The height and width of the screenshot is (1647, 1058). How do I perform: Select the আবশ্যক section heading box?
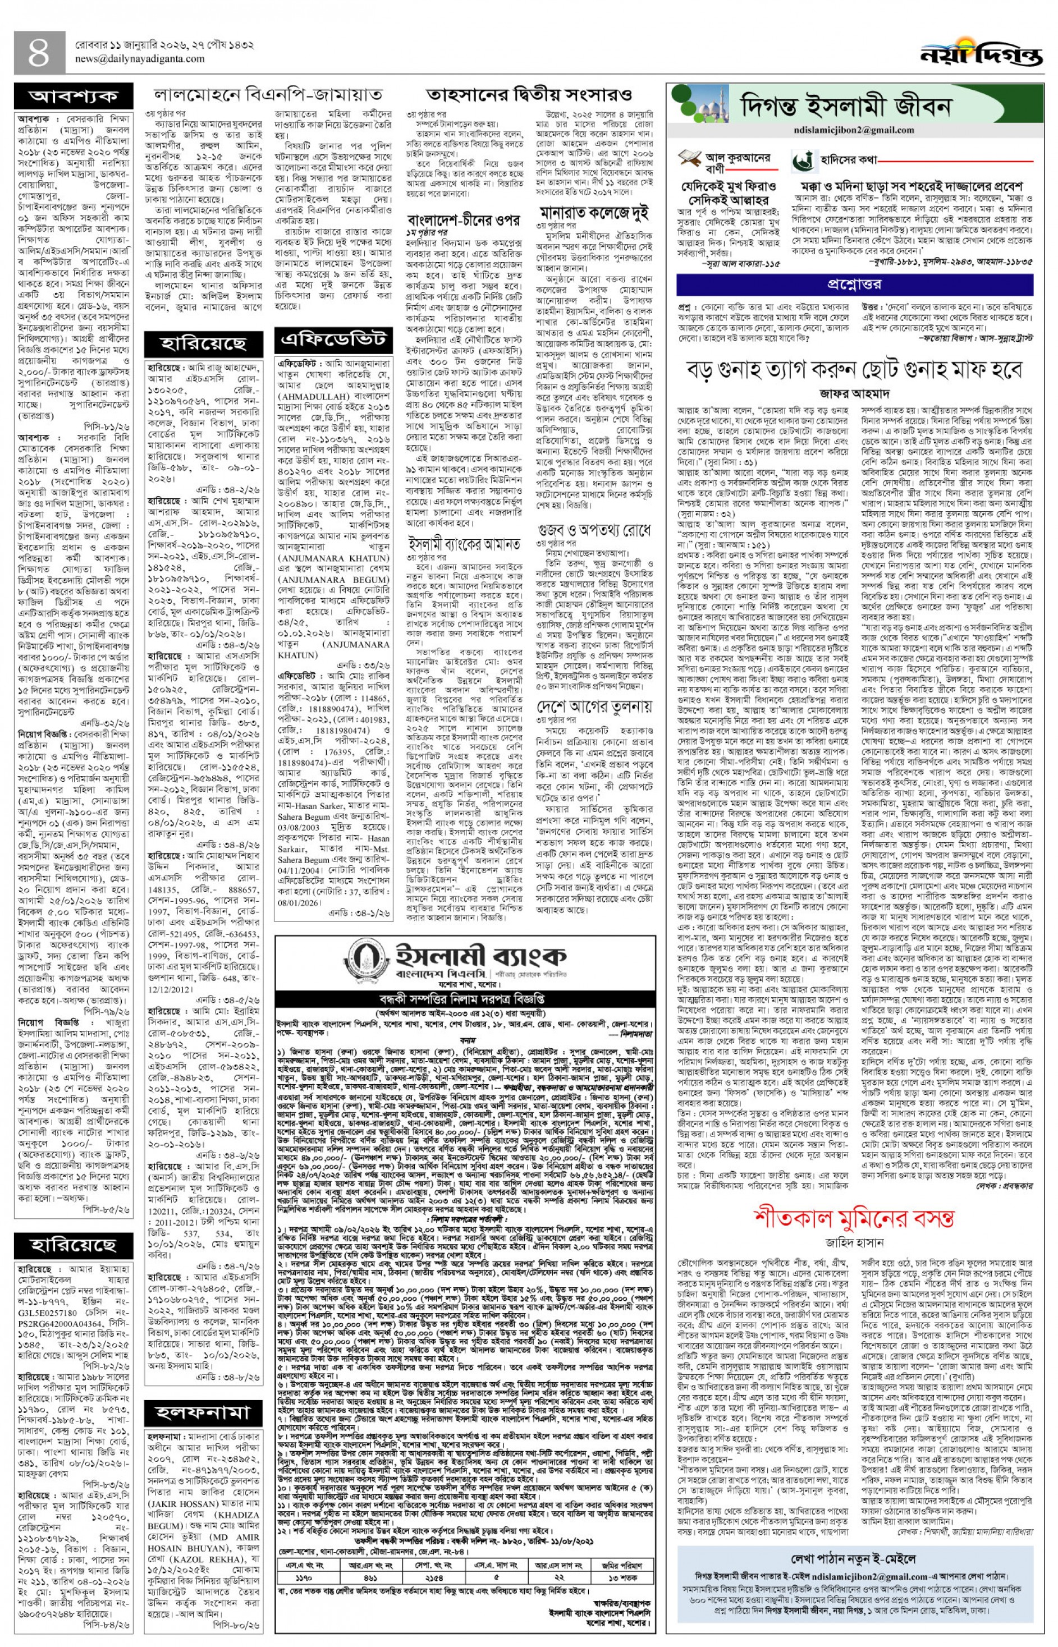74,95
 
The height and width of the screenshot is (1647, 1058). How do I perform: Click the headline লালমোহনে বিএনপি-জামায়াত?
267,94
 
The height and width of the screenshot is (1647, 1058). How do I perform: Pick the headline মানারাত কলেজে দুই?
595,211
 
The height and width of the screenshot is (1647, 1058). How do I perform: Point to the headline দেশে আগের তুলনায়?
595,706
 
